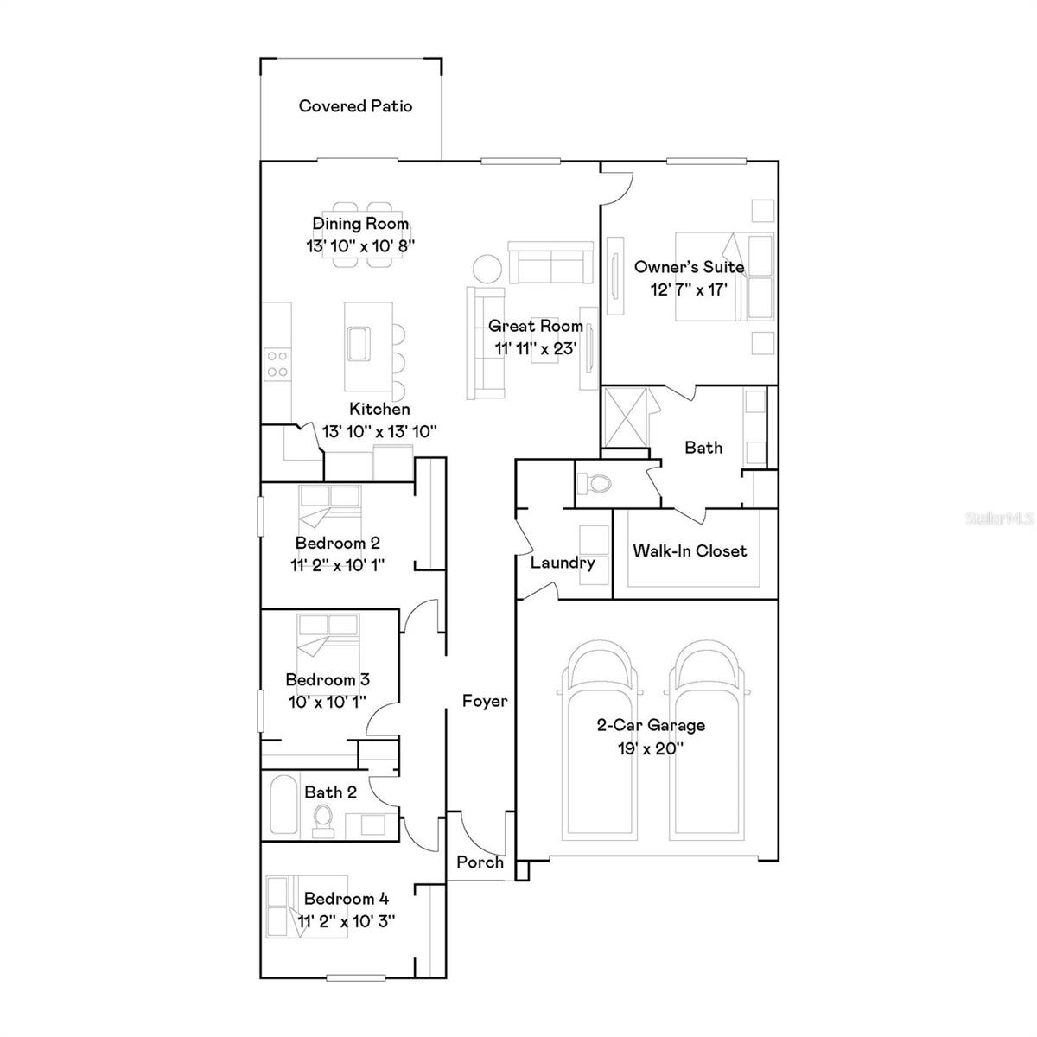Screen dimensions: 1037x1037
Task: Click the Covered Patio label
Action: [x=355, y=106]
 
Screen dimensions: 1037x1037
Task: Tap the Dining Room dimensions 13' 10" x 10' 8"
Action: [x=360, y=245]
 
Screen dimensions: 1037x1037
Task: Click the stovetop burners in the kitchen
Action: [x=277, y=363]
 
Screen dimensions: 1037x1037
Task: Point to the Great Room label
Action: [x=535, y=326]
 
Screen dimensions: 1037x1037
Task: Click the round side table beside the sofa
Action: [x=486, y=268]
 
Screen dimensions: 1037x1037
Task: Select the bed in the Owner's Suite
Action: [x=722, y=277]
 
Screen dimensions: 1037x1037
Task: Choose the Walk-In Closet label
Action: [x=690, y=551]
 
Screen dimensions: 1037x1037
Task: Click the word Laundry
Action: [x=563, y=563]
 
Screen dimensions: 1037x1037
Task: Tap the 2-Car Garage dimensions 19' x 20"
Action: [x=651, y=748]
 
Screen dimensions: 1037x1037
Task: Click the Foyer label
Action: [x=484, y=701]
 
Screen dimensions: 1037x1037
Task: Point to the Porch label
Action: [x=480, y=862]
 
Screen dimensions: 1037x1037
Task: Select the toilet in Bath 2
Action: [x=322, y=818]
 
